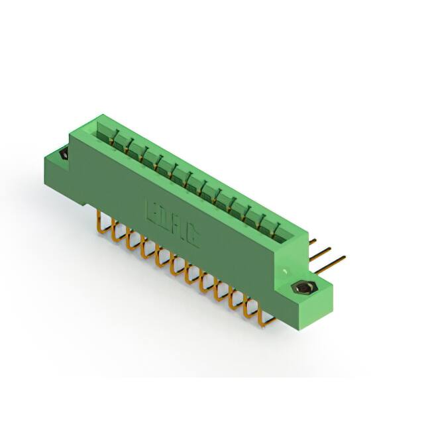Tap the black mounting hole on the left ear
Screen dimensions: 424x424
click(64, 154)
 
